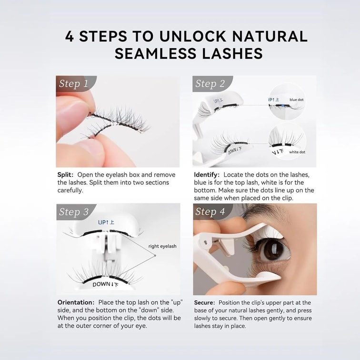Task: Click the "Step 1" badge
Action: click(x=74, y=84)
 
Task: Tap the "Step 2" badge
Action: click(x=210, y=84)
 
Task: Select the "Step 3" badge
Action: click(x=74, y=212)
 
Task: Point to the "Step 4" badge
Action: click(x=210, y=212)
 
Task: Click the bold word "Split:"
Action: click(x=65, y=175)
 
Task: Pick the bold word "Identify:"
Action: click(x=207, y=175)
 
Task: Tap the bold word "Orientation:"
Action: click(x=76, y=302)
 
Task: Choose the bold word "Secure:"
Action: click(x=205, y=302)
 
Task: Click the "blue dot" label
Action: click(x=296, y=100)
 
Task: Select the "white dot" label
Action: click(x=297, y=152)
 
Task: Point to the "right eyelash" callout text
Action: click(x=162, y=246)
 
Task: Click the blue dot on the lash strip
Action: click(x=283, y=106)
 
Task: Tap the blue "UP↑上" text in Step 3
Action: click(x=106, y=222)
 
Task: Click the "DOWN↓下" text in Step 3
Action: click(x=106, y=284)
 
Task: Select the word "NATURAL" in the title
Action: click(x=270, y=36)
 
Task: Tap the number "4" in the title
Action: click(x=70, y=36)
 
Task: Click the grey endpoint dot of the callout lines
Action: click(x=155, y=255)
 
